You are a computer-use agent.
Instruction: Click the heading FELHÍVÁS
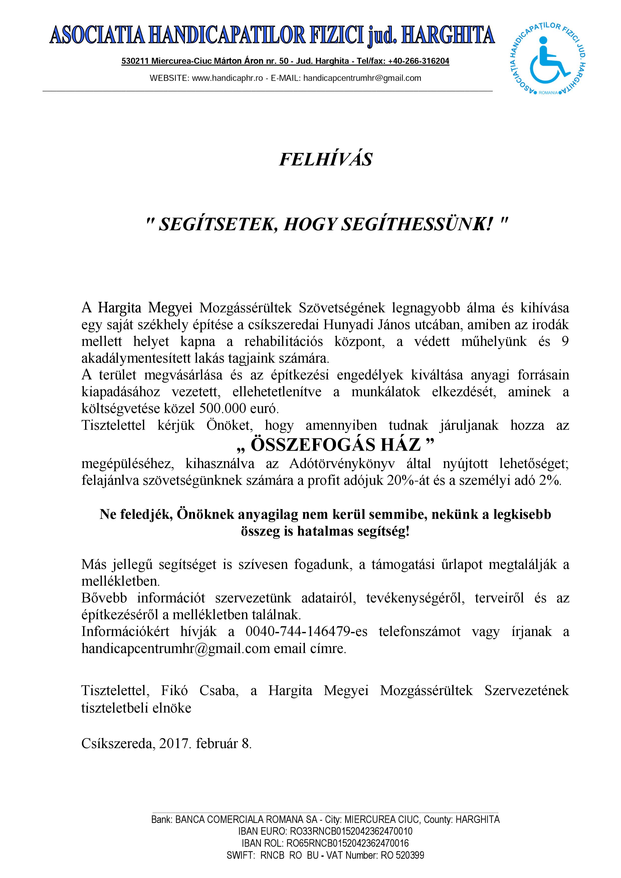pyautogui.click(x=326, y=159)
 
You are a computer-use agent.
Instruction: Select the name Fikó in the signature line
pyautogui.click(x=174, y=691)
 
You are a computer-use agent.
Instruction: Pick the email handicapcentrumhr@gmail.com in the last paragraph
pyautogui.click(x=176, y=648)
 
